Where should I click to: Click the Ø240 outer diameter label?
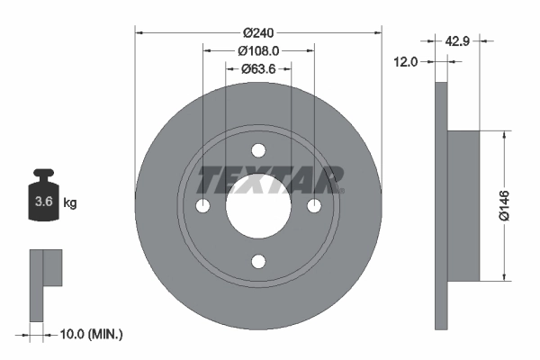258,31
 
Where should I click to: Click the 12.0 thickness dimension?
409,61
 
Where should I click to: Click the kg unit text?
70,203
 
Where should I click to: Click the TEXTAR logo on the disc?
270,180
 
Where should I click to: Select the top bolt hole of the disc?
258,150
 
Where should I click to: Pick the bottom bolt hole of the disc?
258,262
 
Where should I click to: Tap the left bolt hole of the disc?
202,206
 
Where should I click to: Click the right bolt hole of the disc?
314,206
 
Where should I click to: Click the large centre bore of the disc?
258,206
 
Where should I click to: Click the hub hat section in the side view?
463,205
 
